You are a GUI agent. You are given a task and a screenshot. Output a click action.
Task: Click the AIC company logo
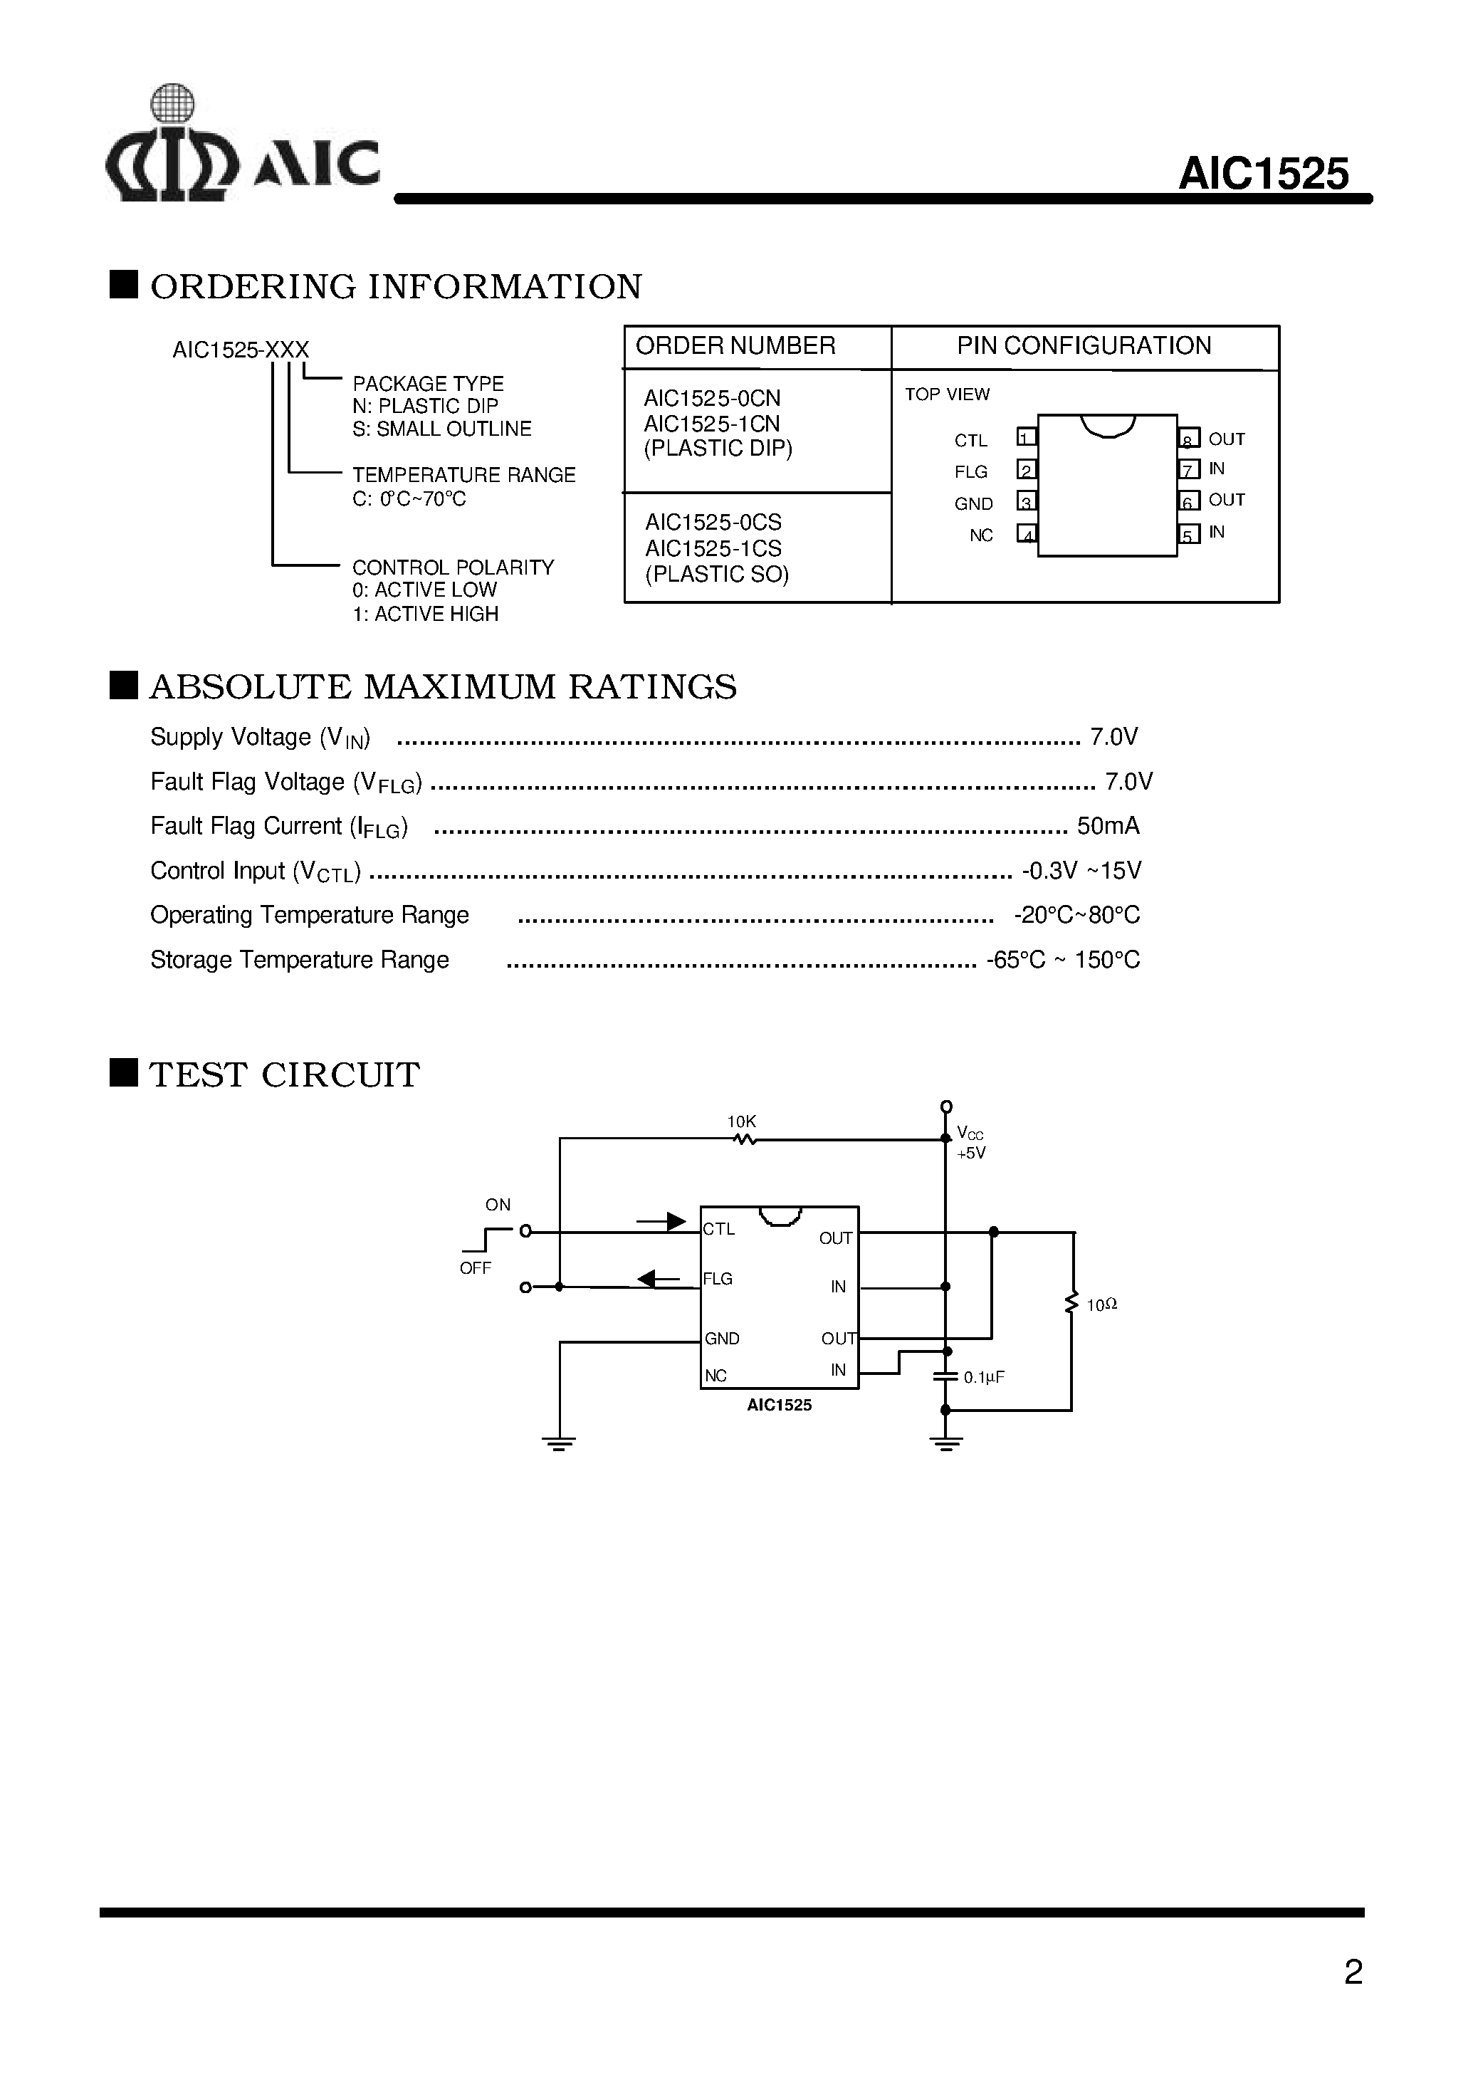(241, 145)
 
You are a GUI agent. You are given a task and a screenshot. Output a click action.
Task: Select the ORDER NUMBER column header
(735, 345)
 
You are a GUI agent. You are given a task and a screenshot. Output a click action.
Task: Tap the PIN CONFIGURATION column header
(1084, 345)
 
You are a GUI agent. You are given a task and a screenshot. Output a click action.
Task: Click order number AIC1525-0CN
(712, 398)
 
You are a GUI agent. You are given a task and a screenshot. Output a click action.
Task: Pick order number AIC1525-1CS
(713, 548)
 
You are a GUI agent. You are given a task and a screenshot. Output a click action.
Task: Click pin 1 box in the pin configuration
(1026, 438)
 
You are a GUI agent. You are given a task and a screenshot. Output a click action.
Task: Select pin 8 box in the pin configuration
(1188, 440)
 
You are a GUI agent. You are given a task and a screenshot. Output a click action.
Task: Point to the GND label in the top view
(973, 503)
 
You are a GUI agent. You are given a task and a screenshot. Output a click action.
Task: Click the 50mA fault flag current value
(1108, 825)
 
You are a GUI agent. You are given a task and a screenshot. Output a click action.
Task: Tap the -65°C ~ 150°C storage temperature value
(1063, 960)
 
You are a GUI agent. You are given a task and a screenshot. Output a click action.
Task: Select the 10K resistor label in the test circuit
(741, 1122)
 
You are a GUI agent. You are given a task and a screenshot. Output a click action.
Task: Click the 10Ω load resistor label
(1101, 1304)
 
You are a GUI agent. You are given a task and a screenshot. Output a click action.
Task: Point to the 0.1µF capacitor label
(983, 1377)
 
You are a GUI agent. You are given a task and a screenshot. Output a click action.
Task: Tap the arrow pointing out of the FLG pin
(659, 1279)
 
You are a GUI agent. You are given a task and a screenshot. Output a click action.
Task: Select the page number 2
(1353, 1972)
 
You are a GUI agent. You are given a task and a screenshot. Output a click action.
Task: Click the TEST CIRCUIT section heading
(284, 1074)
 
